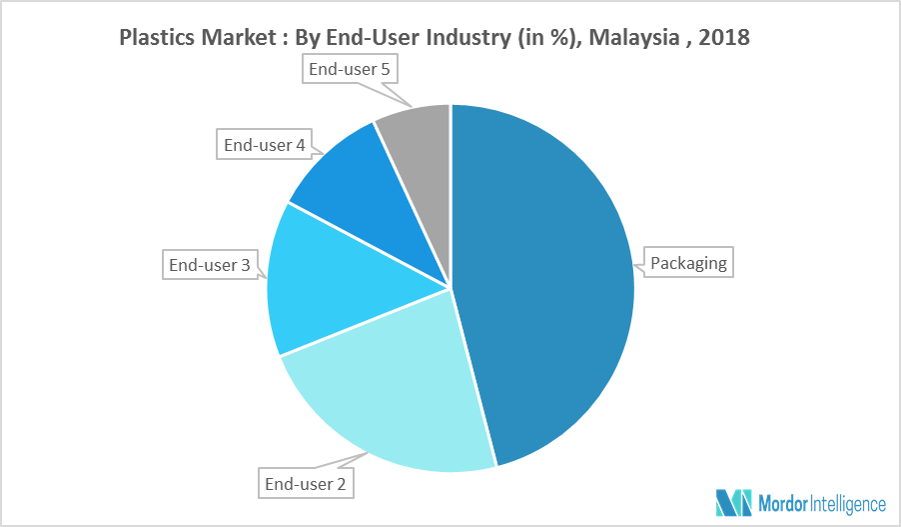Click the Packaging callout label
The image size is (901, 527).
tap(689, 265)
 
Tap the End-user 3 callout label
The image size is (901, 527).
tap(210, 265)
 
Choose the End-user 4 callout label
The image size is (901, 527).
tap(264, 145)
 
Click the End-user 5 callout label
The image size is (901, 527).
tap(349, 70)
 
